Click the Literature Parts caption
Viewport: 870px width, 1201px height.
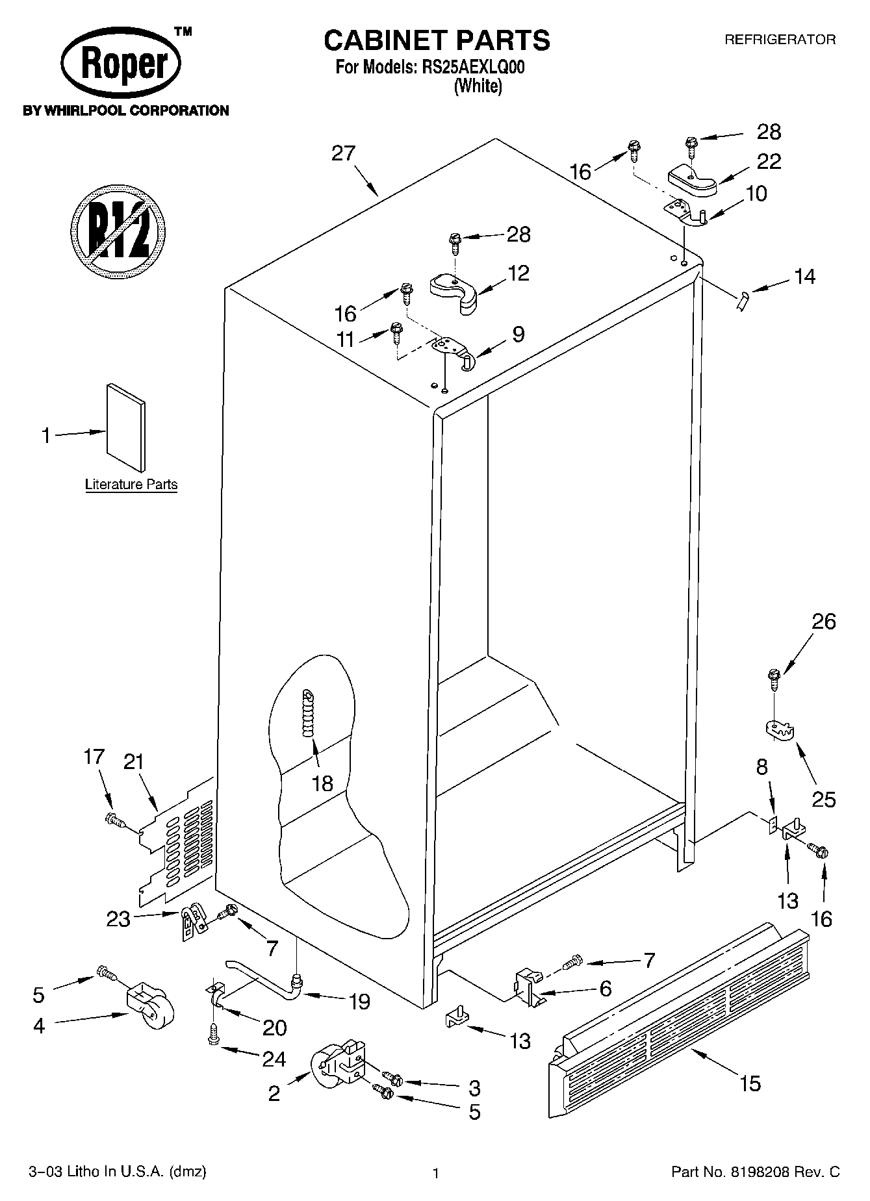point(131,485)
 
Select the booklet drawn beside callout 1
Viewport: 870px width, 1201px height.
point(126,426)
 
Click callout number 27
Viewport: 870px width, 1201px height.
point(343,153)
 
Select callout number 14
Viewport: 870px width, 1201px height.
point(804,277)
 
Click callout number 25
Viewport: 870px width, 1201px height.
point(823,799)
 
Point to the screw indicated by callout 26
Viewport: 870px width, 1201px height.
point(773,678)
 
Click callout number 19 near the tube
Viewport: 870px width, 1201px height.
point(359,1001)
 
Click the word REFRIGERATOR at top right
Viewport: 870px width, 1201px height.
point(780,40)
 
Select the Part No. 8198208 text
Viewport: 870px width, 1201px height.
point(755,1172)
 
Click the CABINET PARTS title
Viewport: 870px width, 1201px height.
point(437,40)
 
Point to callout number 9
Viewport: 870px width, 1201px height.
point(518,334)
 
